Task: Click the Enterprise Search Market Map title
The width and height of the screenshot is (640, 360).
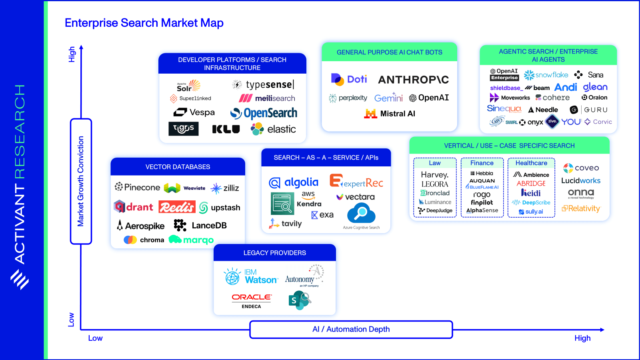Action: click(144, 23)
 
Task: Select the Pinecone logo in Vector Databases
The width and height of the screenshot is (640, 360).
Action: click(137, 187)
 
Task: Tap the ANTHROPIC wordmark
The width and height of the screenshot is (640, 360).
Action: click(413, 80)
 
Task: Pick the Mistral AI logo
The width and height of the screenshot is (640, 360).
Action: click(390, 114)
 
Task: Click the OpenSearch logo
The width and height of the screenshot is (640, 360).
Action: click(264, 114)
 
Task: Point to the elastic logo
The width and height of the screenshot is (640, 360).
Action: click(274, 129)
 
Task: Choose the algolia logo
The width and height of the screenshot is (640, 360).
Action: click(294, 183)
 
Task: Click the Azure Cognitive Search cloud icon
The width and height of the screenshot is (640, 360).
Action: click(361, 213)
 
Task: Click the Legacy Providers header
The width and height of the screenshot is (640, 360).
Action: click(275, 253)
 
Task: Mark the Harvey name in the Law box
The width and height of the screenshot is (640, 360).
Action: click(435, 175)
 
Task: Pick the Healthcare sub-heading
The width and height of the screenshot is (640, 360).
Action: click(531, 163)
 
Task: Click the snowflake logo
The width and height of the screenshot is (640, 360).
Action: click(546, 75)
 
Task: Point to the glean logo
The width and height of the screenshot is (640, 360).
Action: click(595, 87)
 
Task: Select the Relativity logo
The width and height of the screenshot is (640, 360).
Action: click(581, 208)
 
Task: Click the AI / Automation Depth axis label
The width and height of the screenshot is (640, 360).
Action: click(351, 329)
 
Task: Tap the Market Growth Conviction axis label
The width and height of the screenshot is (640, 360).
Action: click(81, 181)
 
